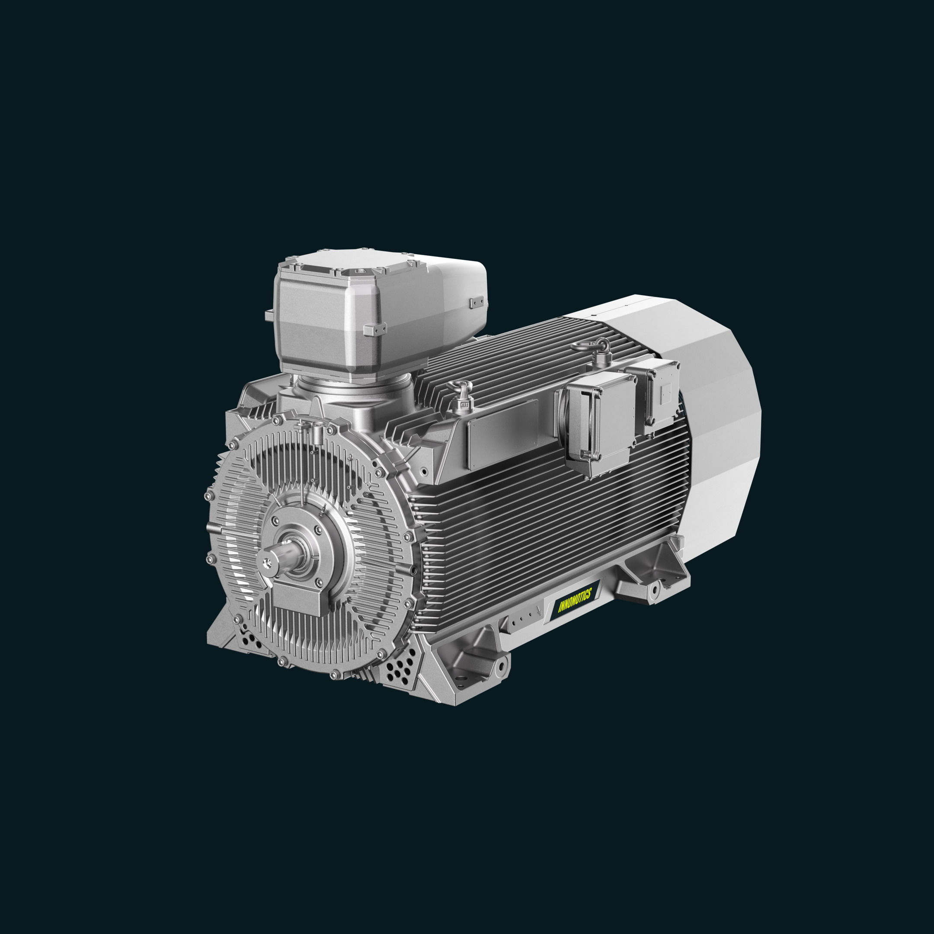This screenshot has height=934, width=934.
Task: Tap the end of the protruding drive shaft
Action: (267, 562)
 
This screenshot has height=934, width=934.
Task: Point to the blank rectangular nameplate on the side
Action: (503, 435)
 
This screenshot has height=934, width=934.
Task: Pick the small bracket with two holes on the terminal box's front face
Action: (375, 329)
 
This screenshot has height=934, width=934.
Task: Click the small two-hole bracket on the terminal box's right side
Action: (476, 303)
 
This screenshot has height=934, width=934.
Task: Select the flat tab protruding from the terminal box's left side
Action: (269, 316)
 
